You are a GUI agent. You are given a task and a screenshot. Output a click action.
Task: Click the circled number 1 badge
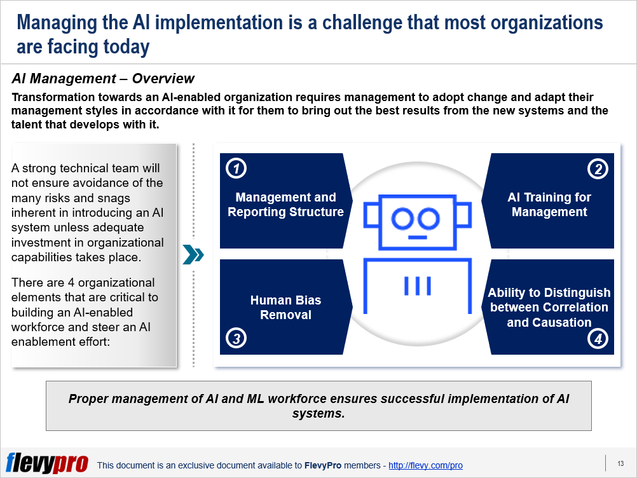[236, 168]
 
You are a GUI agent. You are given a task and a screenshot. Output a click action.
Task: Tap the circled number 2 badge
[598, 168]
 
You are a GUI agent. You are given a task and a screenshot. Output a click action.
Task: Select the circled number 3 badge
[236, 338]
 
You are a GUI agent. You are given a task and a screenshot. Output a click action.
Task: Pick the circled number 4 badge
[598, 338]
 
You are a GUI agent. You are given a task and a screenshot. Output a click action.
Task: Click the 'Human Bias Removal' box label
[285, 308]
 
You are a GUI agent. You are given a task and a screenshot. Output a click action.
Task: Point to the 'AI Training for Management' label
[549, 204]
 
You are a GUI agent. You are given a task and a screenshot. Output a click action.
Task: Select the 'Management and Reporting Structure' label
[285, 204]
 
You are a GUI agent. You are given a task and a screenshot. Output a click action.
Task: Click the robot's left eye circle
[402, 219]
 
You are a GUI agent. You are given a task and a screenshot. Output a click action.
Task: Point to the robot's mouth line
[417, 237]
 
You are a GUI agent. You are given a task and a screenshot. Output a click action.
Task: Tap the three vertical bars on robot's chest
[417, 285]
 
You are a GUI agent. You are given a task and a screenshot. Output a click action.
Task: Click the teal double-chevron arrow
[193, 255]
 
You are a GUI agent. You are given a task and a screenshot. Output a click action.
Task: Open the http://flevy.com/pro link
[425, 465]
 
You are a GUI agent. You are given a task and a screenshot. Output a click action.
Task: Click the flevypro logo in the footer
[47, 463]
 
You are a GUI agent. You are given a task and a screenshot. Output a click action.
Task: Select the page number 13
[620, 463]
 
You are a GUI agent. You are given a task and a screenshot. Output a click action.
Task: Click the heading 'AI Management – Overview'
[103, 78]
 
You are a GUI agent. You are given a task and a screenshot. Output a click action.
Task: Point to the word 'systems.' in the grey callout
[318, 413]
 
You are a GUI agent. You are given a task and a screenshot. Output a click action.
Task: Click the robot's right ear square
[464, 215]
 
